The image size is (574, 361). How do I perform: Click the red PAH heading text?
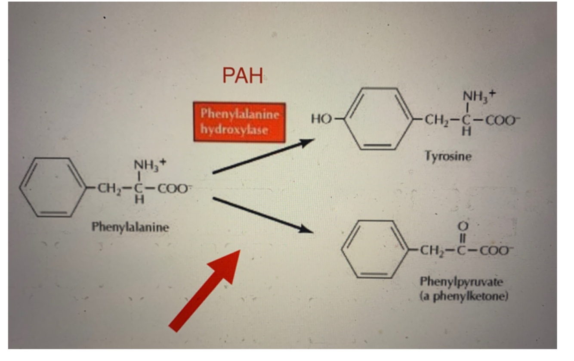point(243,76)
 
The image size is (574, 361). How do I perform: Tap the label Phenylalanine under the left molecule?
point(130,227)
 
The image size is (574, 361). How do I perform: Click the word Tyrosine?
point(448,156)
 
